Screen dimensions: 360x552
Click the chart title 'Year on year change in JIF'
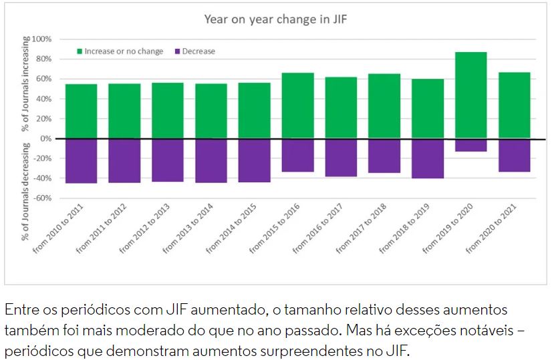pyautogui.click(x=275, y=19)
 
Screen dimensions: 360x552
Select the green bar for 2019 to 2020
pyautogui.click(x=470, y=95)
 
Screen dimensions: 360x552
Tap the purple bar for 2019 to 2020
pyautogui.click(x=470, y=145)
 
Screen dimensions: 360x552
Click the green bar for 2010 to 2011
pyautogui.click(x=81, y=111)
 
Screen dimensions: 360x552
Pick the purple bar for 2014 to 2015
pyautogui.click(x=254, y=160)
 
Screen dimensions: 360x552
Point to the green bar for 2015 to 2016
pyautogui.click(x=297, y=106)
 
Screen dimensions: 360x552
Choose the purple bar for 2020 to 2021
pyautogui.click(x=514, y=155)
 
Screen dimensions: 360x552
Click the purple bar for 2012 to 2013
pyautogui.click(x=168, y=160)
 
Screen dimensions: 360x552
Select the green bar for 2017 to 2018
pyautogui.click(x=384, y=106)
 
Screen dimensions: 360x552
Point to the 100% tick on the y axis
pyautogui.click(x=41, y=39)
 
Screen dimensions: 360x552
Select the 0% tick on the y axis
pyautogui.click(x=45, y=139)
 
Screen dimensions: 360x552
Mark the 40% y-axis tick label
pyautogui.click(x=43, y=99)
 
